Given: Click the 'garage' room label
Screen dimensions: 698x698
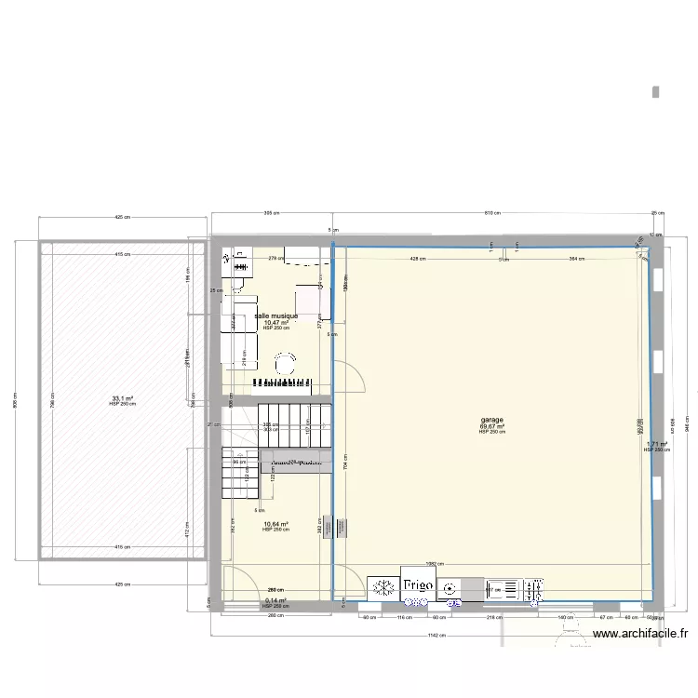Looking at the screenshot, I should click(491, 421).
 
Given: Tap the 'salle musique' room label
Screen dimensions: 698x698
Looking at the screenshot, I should click(275, 316).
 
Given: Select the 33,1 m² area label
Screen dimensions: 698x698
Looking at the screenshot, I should click(122, 397).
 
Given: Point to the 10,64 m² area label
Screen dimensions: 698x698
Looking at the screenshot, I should click(275, 524).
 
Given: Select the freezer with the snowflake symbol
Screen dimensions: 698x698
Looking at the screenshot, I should click(382, 587).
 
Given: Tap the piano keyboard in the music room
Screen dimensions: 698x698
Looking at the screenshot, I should click(288, 382).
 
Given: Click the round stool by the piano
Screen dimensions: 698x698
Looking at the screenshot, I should click(286, 360).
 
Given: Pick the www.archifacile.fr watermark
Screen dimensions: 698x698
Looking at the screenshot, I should click(639, 635).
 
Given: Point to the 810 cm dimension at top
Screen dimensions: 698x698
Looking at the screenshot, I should click(491, 213).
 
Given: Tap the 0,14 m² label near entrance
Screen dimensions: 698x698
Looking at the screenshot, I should click(275, 601).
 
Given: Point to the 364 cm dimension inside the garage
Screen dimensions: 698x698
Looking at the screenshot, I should click(575, 259).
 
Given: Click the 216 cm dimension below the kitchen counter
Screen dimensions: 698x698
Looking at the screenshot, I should click(488, 617).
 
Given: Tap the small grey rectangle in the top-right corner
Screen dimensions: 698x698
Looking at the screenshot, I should click(656, 91).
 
